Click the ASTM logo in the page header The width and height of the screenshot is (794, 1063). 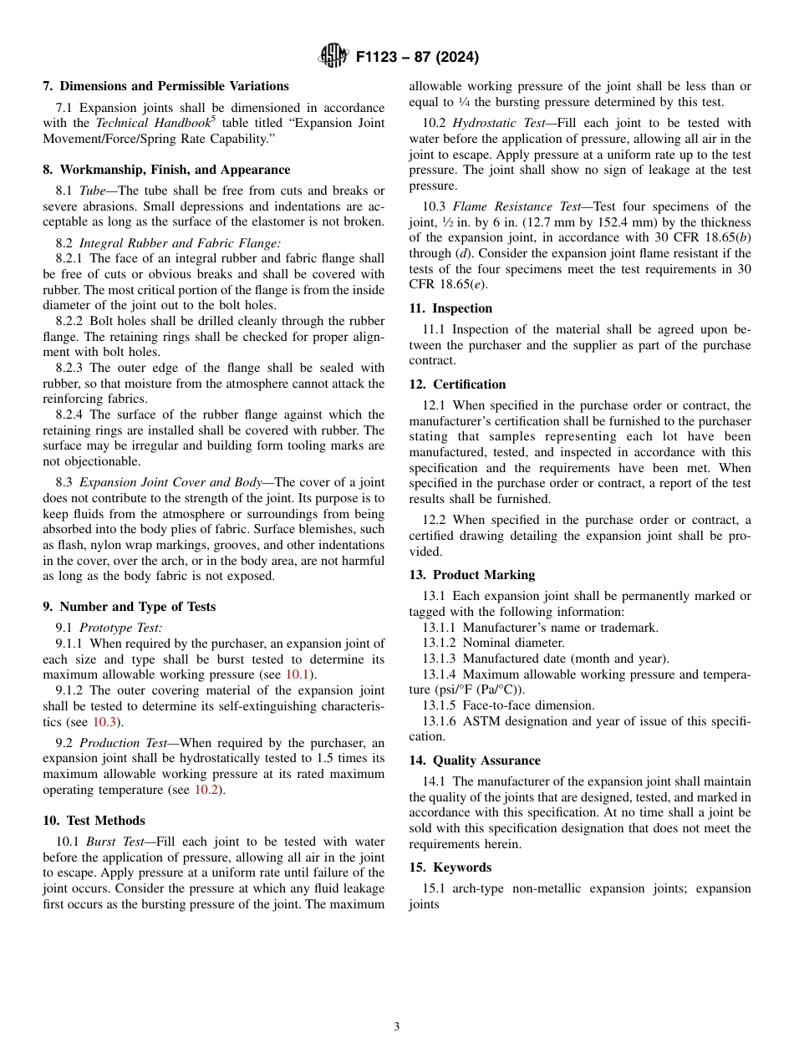[x=333, y=56]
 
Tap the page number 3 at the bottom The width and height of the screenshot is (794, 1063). [x=397, y=1026]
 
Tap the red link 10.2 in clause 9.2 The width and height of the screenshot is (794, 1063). [x=206, y=790]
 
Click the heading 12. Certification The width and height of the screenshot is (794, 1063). [x=457, y=384]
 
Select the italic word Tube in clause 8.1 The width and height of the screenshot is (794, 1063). [x=93, y=191]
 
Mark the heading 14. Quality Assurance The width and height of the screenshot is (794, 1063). [x=475, y=760]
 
